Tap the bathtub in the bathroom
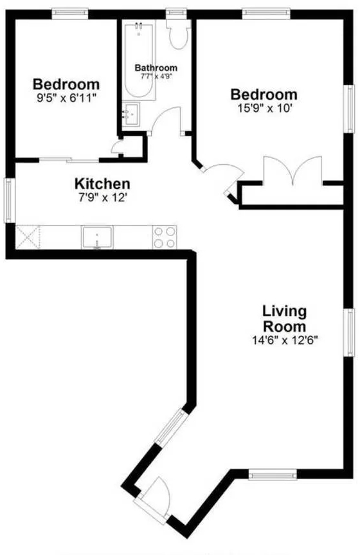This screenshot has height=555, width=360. pos(139,60)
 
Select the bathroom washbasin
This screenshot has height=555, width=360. pos(131,114)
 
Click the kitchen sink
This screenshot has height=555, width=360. pos(97,237)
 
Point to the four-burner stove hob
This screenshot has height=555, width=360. pos(165,237)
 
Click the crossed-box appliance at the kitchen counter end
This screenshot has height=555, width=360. pos(28,237)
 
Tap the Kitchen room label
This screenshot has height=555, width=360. pos(102,184)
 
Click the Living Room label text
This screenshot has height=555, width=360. pos(284,319)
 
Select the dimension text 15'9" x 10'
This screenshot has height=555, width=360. pos(264,108)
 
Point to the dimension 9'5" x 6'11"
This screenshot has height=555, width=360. pos(67,98)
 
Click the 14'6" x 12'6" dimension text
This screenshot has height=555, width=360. pos(285,340)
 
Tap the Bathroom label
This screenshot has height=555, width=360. pos(156,68)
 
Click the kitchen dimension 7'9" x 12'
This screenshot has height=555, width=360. pos(103,197)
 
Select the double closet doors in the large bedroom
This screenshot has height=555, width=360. pos(292,170)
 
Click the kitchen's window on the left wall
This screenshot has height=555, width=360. pos(10,201)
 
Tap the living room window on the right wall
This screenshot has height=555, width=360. pos(349,332)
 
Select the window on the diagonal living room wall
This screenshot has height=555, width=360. pos(171,428)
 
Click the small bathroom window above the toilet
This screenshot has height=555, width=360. pos(176,13)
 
